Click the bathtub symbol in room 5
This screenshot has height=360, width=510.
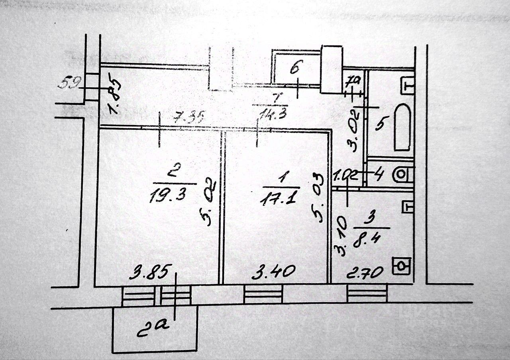click(x=402, y=127)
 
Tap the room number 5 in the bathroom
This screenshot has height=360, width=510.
click(x=380, y=124)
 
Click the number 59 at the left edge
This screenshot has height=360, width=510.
click(x=69, y=83)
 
